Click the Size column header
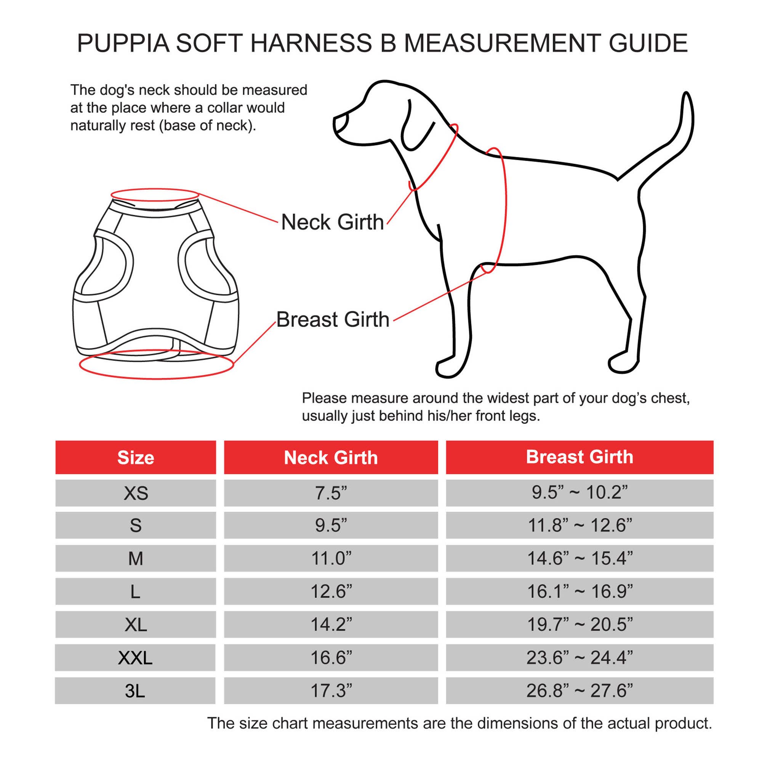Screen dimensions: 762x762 point(135,458)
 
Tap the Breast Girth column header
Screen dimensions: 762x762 point(580,457)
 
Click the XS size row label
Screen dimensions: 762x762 point(135,493)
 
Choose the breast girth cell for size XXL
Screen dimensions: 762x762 point(580,658)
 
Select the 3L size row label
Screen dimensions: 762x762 point(135,691)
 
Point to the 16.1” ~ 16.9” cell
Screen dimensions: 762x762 point(580,591)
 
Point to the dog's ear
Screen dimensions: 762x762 point(414,126)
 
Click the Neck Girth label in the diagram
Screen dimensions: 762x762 point(332,222)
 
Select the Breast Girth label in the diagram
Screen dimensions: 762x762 point(333,320)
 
